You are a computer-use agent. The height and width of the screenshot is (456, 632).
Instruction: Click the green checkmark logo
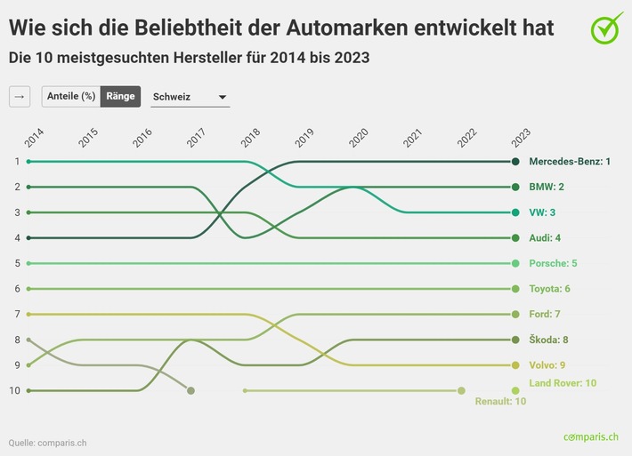tap(607, 28)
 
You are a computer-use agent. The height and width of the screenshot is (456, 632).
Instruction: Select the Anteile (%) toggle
tap(71, 96)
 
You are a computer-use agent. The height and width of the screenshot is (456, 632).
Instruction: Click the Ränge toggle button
tap(120, 96)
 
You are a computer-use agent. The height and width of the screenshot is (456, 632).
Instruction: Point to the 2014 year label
tap(34, 137)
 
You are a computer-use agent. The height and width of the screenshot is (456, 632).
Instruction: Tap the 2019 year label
tap(304, 137)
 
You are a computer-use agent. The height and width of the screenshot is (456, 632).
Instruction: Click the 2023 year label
tap(521, 137)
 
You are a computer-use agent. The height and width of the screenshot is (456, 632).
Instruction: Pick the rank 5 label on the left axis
tap(17, 263)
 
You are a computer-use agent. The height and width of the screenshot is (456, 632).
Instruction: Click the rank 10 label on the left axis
tap(15, 390)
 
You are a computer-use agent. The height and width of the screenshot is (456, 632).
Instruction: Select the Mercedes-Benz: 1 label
tap(570, 162)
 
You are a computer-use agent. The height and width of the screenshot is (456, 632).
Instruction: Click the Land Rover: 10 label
tap(563, 382)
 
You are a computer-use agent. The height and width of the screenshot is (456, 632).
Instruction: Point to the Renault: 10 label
tap(501, 402)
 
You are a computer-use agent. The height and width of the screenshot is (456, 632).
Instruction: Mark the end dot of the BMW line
tap(515, 188)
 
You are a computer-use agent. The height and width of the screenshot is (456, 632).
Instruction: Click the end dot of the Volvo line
tap(515, 365)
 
